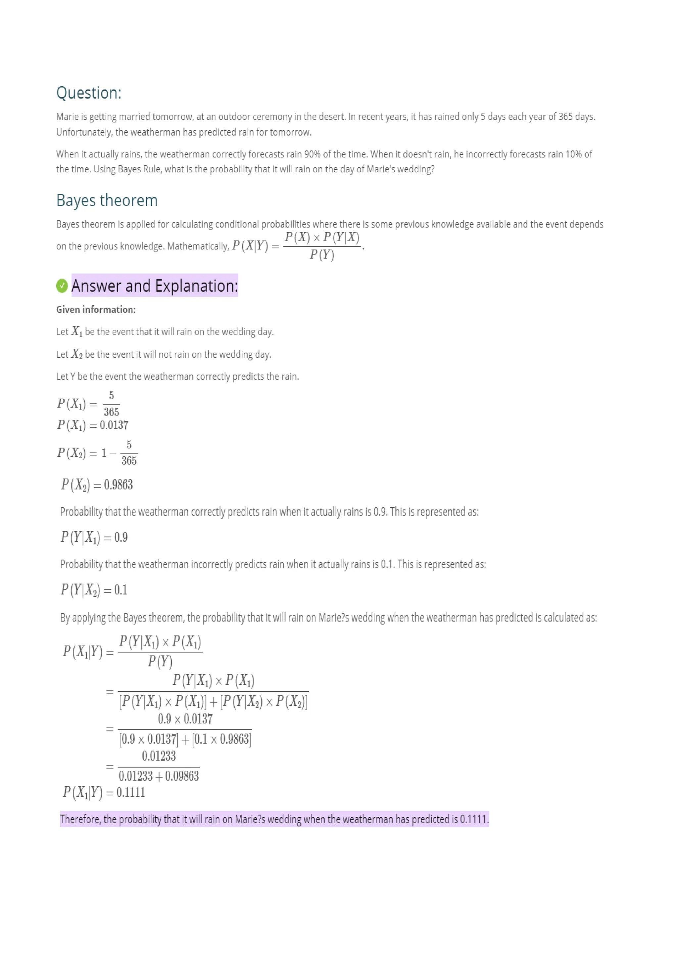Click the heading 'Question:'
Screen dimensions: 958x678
[x=89, y=93]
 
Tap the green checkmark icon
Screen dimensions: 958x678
[x=62, y=286]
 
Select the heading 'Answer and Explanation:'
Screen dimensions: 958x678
[x=155, y=286]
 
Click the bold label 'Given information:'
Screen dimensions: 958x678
[x=96, y=310]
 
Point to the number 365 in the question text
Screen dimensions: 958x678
[x=565, y=117]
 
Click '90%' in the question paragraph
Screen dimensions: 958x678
[x=312, y=154]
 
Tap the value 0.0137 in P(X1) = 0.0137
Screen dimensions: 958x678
[x=114, y=425]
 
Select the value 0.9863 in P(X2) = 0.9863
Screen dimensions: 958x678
[x=119, y=485]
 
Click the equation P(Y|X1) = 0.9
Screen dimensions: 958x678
[x=94, y=538]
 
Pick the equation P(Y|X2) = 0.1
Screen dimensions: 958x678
[x=94, y=590]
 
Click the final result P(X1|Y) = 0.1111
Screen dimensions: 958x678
[x=104, y=792]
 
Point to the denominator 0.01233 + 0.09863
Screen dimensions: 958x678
[x=159, y=776]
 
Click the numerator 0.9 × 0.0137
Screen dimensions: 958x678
[x=185, y=719]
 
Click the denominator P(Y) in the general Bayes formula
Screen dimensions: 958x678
[x=322, y=254]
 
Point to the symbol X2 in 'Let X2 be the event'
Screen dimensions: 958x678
[x=77, y=354]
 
